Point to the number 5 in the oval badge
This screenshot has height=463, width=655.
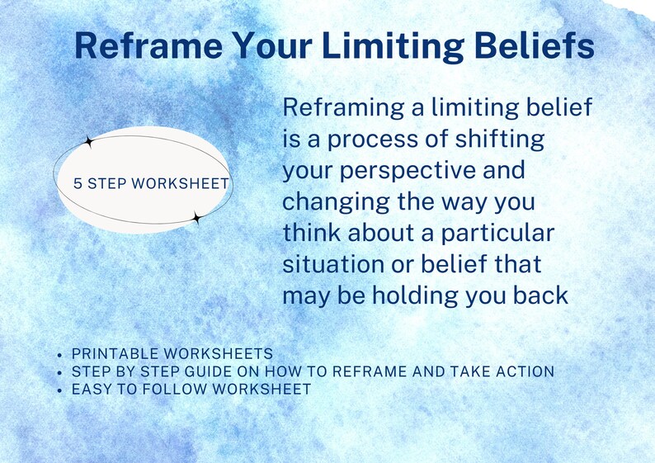78,183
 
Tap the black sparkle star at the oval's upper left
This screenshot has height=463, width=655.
90,142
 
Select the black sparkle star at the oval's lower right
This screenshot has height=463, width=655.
196,218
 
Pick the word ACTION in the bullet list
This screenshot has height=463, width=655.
525,371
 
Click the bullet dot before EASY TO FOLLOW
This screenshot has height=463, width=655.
60,389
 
